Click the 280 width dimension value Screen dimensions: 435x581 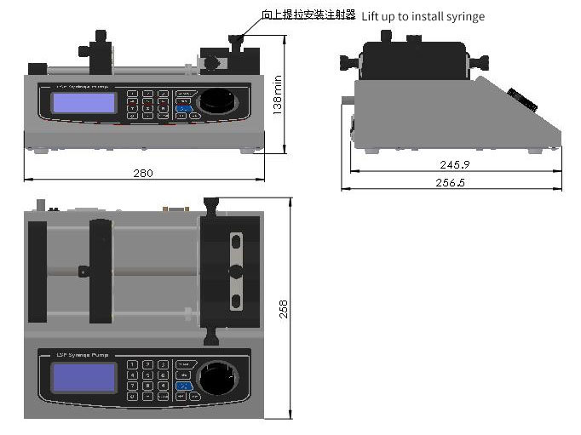click(143, 174)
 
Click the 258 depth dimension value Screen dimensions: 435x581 click(285, 307)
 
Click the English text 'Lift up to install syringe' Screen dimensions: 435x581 click(423, 16)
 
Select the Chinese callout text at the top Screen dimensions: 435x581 click(308, 15)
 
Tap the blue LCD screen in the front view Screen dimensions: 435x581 click(83, 103)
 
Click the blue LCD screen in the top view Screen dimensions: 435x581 click(83, 377)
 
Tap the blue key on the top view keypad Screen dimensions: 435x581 click(182, 385)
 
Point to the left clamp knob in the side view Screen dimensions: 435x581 click(348, 61)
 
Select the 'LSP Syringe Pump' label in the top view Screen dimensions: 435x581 click(78, 354)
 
